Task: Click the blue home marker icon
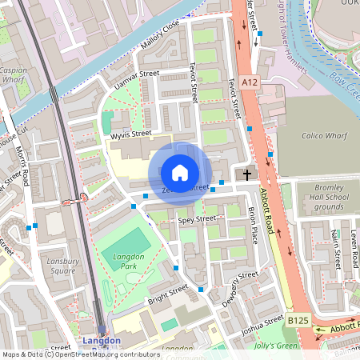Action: (180, 173)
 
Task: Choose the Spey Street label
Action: (197, 218)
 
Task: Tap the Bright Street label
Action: (167, 294)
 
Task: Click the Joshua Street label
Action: (263, 325)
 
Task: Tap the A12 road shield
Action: (248, 82)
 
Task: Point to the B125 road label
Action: (298, 320)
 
